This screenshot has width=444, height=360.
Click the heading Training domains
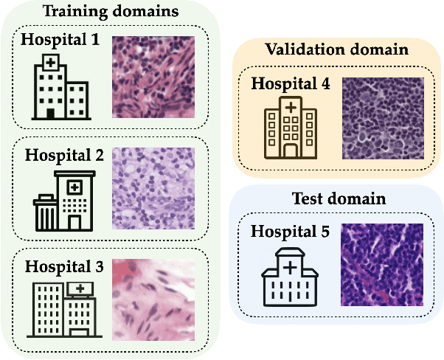110,13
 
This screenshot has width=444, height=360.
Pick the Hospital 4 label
291,83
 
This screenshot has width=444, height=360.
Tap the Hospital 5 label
291,229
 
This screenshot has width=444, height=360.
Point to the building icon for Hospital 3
63,309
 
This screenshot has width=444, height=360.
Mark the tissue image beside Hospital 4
383,118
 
